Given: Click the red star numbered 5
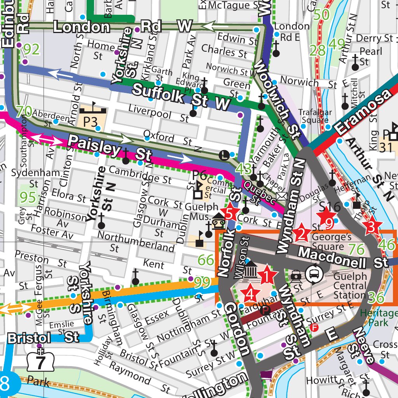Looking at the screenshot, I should click(x=230, y=213).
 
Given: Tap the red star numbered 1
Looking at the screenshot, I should click(x=267, y=276).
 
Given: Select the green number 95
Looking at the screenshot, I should click(x=28, y=197).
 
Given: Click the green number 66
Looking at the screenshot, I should click(x=206, y=260).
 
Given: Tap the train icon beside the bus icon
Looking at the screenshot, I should click(x=297, y=276).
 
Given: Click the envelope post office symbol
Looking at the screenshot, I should click(x=281, y=196).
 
